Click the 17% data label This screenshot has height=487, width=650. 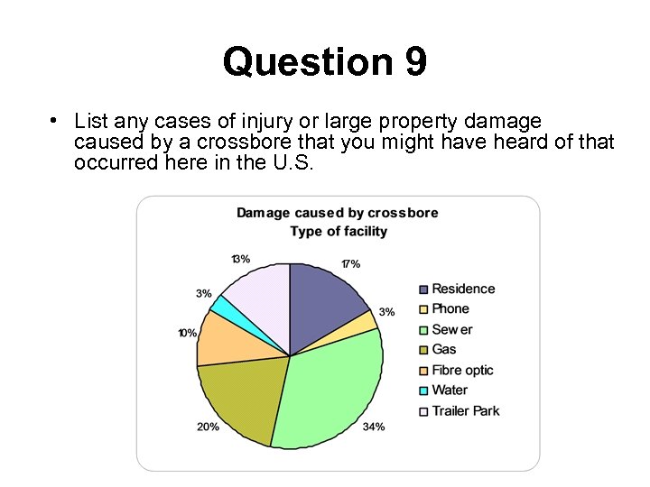point(350,264)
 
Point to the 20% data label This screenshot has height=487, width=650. point(208,427)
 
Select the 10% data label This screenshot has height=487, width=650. point(187,333)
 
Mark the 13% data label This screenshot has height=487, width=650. point(240,259)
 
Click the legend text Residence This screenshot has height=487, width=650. point(463,289)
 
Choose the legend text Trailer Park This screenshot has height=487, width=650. point(465,411)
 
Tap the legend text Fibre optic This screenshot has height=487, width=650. point(462,370)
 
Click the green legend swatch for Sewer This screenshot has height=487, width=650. point(422,330)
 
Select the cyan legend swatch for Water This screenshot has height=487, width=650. point(422,391)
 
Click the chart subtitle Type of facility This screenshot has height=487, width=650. point(338,232)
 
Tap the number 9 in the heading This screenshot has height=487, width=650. point(415,63)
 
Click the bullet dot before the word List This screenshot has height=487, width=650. point(55,119)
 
